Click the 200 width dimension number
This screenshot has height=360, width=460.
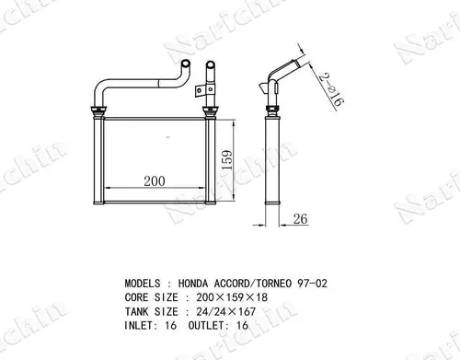(155, 181)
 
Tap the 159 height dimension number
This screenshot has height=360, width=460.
(227, 160)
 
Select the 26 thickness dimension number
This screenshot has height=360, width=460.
(300, 219)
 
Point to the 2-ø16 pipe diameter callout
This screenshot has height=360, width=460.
(330, 90)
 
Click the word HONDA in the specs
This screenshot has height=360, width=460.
(193, 284)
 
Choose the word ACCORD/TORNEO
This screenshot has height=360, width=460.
(253, 284)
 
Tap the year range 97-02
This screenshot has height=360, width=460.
(313, 284)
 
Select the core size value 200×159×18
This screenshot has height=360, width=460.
(232, 297)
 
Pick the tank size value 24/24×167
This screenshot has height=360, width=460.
(226, 312)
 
